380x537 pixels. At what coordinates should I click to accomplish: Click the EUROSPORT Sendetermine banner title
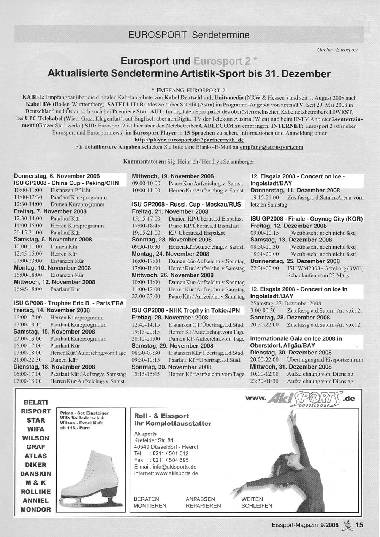point(189,35)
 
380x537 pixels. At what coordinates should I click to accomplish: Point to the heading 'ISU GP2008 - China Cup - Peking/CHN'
point(66,183)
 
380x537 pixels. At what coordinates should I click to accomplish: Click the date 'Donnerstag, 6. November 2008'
point(57,176)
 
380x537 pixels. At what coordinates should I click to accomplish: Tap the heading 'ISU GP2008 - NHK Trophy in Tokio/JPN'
point(186,310)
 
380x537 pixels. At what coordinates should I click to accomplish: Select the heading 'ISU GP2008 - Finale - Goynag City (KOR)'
point(306,219)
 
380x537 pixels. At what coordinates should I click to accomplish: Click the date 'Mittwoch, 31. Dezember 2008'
point(291,367)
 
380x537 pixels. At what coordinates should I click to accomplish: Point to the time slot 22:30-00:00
point(264,268)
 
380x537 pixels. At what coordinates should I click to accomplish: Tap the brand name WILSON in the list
point(36,438)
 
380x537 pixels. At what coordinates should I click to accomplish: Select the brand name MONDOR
point(36,510)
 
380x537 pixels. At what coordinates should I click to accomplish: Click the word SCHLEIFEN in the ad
point(257,506)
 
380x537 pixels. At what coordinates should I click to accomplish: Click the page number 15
point(359,525)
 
